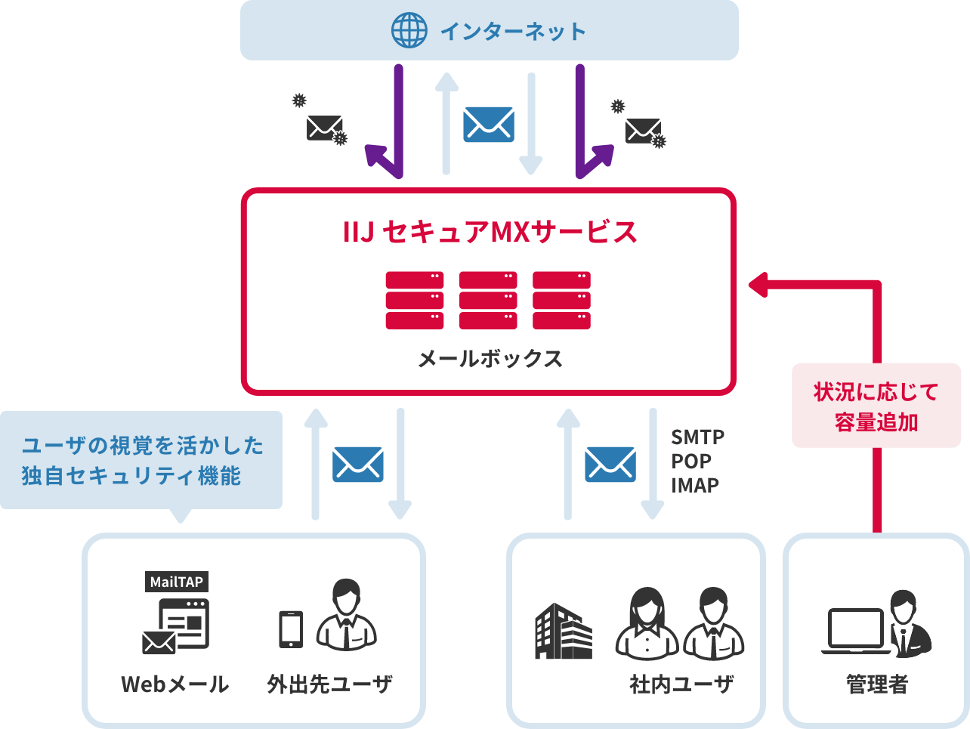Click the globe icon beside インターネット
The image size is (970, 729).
[x=409, y=31]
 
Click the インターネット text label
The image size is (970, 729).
[x=513, y=32]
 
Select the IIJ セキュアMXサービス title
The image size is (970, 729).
[x=490, y=232]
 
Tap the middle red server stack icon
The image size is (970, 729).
[x=488, y=300]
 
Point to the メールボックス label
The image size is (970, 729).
[x=490, y=358]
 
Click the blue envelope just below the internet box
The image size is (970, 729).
[x=489, y=124]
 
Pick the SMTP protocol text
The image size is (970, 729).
[x=697, y=437]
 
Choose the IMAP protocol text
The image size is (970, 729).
[x=695, y=485]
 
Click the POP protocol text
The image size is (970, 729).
[x=691, y=461]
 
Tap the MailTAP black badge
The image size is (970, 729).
[x=176, y=582]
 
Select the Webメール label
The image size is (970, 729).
[x=175, y=684]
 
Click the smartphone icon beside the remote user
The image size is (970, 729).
[x=291, y=629]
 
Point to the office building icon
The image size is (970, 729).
[x=564, y=631]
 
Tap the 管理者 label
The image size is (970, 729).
[x=876, y=684]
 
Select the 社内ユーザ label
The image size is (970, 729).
[x=681, y=684]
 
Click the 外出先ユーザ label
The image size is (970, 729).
[x=329, y=684]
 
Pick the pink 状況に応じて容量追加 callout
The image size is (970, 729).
[x=876, y=406]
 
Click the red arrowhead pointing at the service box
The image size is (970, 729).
[x=758, y=285]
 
